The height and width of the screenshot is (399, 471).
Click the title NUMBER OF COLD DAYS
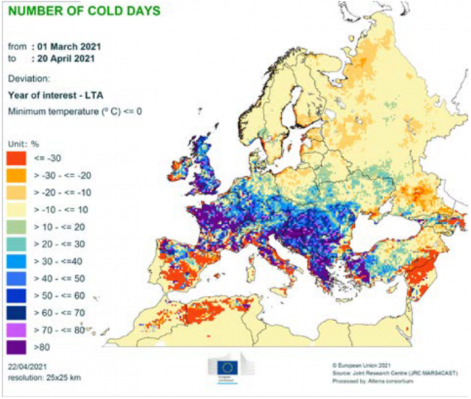click(85, 13)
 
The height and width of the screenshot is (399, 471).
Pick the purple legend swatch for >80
click(18, 345)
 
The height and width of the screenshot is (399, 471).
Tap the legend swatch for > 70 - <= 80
click(18, 328)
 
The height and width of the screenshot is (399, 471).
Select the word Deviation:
click(29, 77)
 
